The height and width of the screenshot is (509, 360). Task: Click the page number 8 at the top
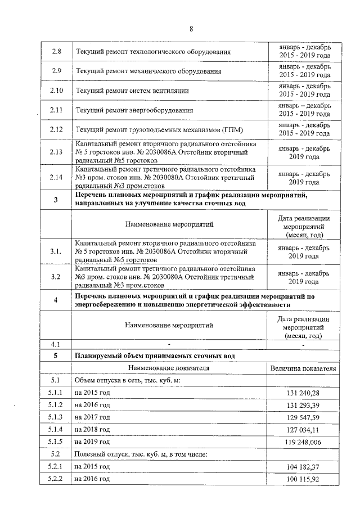click(191, 29)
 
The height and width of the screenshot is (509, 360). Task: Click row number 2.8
click(56, 52)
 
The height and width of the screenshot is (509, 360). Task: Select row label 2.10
click(56, 90)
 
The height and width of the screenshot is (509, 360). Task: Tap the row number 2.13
click(56, 152)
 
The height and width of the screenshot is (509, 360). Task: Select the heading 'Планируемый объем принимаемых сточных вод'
click(156, 356)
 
